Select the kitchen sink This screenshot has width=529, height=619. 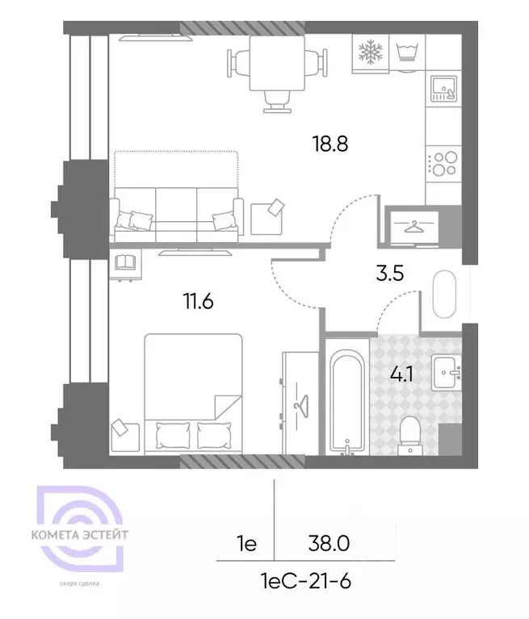(443, 89)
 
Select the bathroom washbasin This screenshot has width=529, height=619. (446, 373)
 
